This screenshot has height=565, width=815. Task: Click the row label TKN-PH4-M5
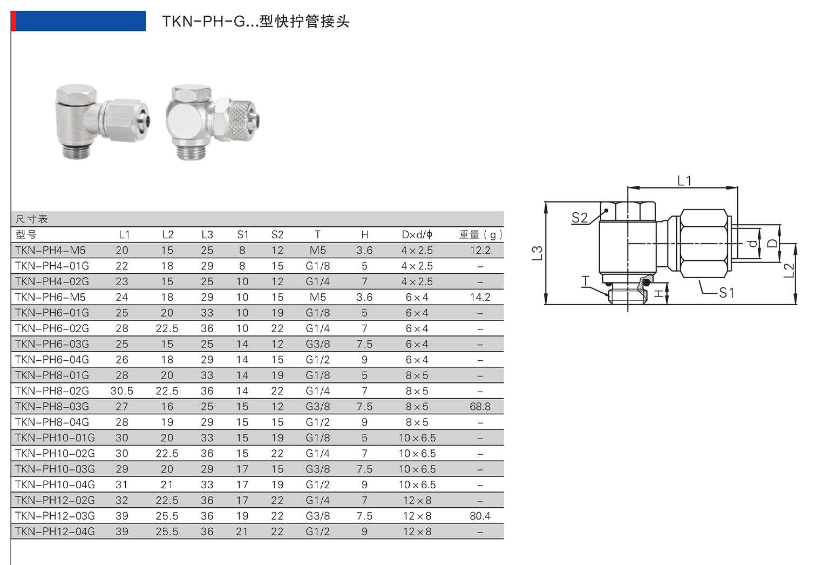tap(50, 250)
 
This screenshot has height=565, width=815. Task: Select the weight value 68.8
tap(480, 406)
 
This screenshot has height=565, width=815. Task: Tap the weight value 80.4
tap(480, 516)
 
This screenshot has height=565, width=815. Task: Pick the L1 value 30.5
tap(121, 391)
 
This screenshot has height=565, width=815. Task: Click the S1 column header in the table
tap(242, 234)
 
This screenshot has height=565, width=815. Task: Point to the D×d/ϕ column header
tap(417, 234)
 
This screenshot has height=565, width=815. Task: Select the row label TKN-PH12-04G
tap(55, 532)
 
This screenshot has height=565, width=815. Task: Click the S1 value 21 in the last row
tap(242, 532)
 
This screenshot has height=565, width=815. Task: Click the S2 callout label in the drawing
tap(579, 217)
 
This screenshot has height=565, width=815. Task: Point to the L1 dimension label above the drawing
tap(684, 181)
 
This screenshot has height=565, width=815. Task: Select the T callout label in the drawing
tap(586, 281)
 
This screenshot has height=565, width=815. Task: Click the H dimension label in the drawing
tap(658, 293)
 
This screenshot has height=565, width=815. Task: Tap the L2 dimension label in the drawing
tap(789, 270)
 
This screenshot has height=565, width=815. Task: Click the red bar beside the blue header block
tap(13, 21)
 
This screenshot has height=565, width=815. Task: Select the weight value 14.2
tap(480, 297)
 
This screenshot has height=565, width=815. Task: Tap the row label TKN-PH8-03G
tap(52, 406)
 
